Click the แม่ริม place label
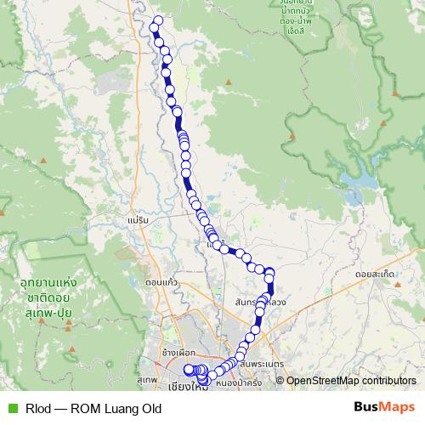(x=136, y=219)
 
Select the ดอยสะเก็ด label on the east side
(x=377, y=275)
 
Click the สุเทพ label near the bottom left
(x=146, y=378)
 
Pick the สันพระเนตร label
(x=260, y=364)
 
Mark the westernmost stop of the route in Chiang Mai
(x=189, y=369)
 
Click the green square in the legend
(x=10, y=407)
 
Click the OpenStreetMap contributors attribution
(x=350, y=380)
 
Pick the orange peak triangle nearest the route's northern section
(x=228, y=82)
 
